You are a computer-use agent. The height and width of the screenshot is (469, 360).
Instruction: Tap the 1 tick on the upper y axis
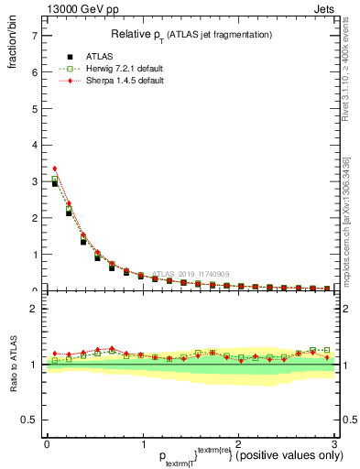coord(34,255)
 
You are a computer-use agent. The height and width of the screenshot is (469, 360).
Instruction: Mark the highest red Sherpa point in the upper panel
coord(55,169)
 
